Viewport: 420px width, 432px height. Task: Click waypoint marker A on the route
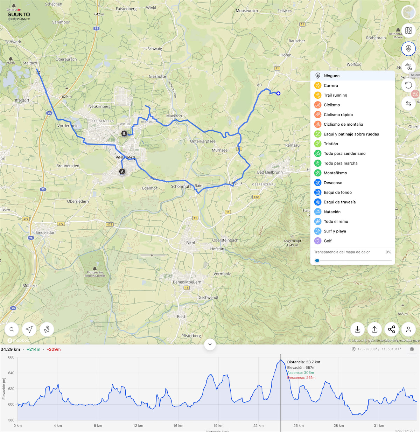[122, 172]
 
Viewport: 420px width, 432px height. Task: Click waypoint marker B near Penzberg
[124, 133]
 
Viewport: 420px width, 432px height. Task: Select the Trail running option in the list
[335, 95]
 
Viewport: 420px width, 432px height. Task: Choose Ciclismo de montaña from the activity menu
[343, 124]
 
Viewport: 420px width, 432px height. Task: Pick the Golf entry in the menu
[328, 241]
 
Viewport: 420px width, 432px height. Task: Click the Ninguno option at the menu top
[331, 76]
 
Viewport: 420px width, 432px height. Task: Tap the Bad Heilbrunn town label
[270, 172]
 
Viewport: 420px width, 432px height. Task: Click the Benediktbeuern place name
[187, 282]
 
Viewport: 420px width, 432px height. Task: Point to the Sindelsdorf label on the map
[46, 232]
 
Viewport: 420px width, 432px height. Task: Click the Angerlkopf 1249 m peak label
[292, 243]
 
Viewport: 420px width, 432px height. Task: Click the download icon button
[357, 329]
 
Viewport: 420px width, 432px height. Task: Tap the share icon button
[391, 329]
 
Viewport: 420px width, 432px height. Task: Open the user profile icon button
[408, 329]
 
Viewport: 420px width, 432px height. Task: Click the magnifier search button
[12, 329]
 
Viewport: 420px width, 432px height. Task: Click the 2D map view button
[408, 31]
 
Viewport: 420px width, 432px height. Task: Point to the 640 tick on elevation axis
[11, 373]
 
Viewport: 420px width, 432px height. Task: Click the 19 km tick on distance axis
[218, 426]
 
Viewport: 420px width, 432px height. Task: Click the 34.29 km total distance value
[10, 349]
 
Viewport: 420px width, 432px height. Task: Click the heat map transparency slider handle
[317, 260]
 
